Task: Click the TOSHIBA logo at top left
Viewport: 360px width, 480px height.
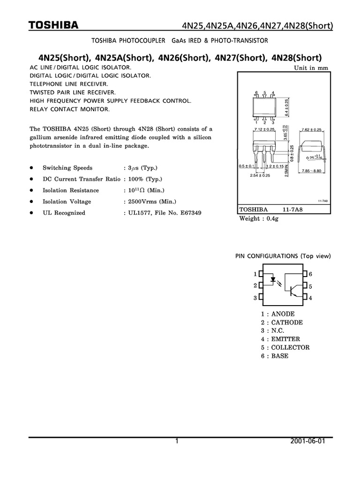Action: [53, 25]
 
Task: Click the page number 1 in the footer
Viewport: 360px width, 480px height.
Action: [177, 442]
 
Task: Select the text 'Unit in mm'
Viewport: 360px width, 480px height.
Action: [311, 68]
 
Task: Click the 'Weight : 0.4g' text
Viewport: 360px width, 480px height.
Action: [259, 218]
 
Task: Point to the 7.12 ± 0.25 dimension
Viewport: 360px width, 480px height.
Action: [263, 129]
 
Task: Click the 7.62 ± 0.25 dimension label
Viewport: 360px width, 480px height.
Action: [312, 129]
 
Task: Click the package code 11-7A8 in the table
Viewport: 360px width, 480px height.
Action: [293, 210]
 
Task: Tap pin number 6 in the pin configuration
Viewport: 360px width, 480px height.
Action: [310, 274]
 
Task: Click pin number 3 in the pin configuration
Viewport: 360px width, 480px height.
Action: [255, 298]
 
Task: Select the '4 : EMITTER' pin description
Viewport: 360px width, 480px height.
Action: [280, 339]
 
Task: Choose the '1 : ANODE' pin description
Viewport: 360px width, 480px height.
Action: [278, 314]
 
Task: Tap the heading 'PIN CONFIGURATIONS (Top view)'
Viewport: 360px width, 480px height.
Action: [283, 256]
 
